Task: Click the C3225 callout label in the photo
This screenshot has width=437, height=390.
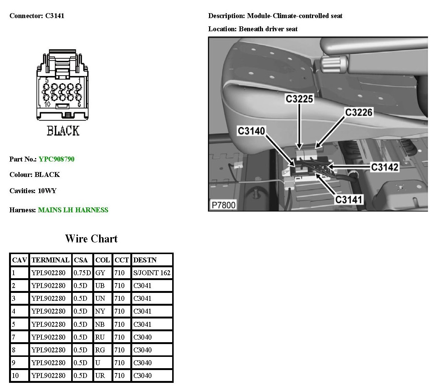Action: coord(299,99)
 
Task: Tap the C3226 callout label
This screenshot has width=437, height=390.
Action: coord(359,113)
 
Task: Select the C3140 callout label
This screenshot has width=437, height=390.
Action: coord(252,131)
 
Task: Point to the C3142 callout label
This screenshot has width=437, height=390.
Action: coord(384,167)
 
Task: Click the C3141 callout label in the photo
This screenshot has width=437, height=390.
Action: coord(349,199)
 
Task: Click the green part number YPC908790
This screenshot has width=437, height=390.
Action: coord(57,159)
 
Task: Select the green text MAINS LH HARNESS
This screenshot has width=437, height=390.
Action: coord(73,210)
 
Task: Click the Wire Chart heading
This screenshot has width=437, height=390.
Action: coord(91,239)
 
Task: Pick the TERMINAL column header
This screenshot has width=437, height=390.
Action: coord(50,260)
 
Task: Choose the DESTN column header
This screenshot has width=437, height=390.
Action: coord(145,260)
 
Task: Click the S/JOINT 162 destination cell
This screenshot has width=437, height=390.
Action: coord(152,273)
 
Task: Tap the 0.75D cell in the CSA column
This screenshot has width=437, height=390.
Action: coord(82,273)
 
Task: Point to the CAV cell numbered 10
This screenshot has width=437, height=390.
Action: coord(15,376)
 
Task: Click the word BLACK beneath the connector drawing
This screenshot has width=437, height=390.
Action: coord(63,131)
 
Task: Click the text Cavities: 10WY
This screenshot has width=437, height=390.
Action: coord(33,191)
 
